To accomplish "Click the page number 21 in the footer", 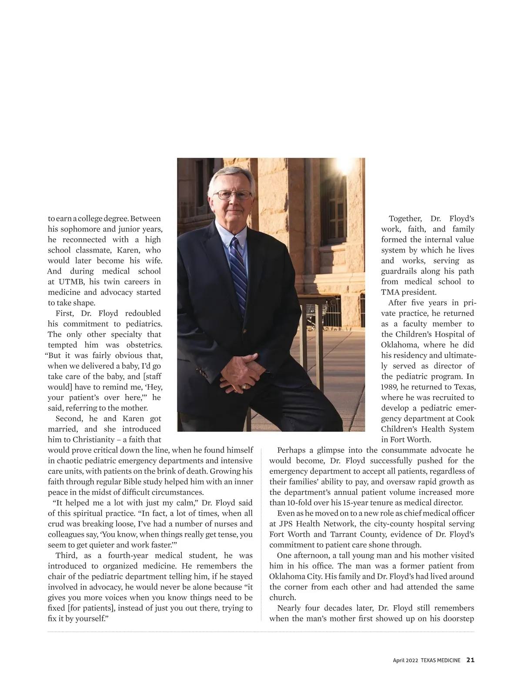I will click(x=470, y=660).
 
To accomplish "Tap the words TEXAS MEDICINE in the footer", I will click(x=440, y=660).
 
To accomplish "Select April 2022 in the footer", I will click(x=405, y=660).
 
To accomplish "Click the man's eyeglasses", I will click(x=234, y=195).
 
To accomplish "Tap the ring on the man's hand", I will click(x=248, y=386).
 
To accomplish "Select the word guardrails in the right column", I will click(x=399, y=271).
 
